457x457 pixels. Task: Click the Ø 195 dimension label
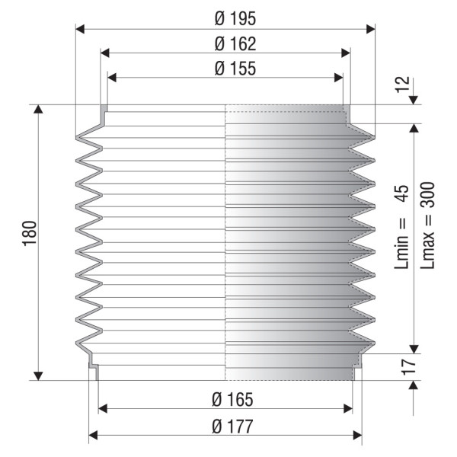235,18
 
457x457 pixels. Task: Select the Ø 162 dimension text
235,43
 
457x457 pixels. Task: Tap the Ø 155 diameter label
235,69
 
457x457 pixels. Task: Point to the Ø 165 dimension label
232,399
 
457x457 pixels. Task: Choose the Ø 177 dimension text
232,426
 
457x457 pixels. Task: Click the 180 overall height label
30,234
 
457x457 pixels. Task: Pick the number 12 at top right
402,85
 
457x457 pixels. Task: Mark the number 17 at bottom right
407,366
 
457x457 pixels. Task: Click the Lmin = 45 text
402,226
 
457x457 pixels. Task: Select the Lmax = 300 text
427,225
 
